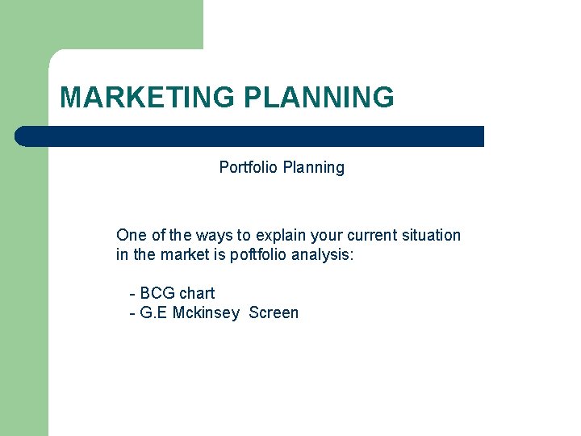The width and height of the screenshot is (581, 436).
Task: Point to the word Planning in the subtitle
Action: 314,168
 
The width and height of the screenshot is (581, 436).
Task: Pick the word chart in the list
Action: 197,293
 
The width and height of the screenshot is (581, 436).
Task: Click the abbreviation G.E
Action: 154,313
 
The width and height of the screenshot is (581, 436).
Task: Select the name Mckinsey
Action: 206,313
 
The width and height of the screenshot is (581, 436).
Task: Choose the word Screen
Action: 274,313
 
